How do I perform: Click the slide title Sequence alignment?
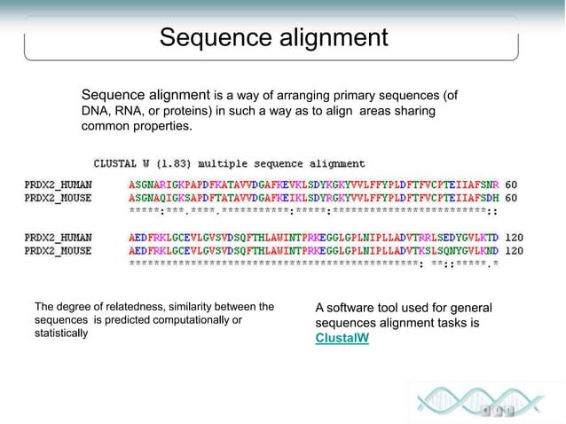pos(273,38)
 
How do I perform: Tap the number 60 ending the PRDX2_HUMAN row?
pos(511,184)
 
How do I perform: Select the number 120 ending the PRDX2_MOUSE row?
pos(514,251)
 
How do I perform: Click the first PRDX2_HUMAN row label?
pos(58,184)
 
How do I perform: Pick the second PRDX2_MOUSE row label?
pos(58,251)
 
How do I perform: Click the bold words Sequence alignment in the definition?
pos(145,95)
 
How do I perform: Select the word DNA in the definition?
pos(96,111)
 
